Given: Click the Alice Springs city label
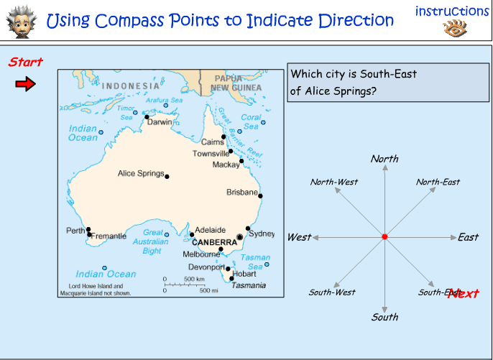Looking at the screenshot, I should tap(141, 174).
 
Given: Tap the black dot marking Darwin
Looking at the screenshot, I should tap(147, 116).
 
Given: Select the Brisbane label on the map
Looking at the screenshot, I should tap(241, 193).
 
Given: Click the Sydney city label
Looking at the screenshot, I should tap(262, 234).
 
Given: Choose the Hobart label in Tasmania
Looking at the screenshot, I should tap(244, 274).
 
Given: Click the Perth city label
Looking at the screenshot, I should tap(75, 230).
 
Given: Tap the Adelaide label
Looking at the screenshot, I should tap(211, 230).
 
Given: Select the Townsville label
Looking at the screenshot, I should tap(211, 154).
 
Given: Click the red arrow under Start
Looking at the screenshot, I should tap(25, 85).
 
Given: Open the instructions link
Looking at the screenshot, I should tap(452, 11).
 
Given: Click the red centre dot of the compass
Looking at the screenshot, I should tap(384, 236).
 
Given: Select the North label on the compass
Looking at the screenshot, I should tap(384, 159).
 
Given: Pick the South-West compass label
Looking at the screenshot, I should tap(332, 292).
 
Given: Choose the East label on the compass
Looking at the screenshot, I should tap(468, 237).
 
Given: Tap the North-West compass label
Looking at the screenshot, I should tap(334, 182).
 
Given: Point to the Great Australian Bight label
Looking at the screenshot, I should tap(152, 242).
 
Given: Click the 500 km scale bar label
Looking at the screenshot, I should tap(195, 279).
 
